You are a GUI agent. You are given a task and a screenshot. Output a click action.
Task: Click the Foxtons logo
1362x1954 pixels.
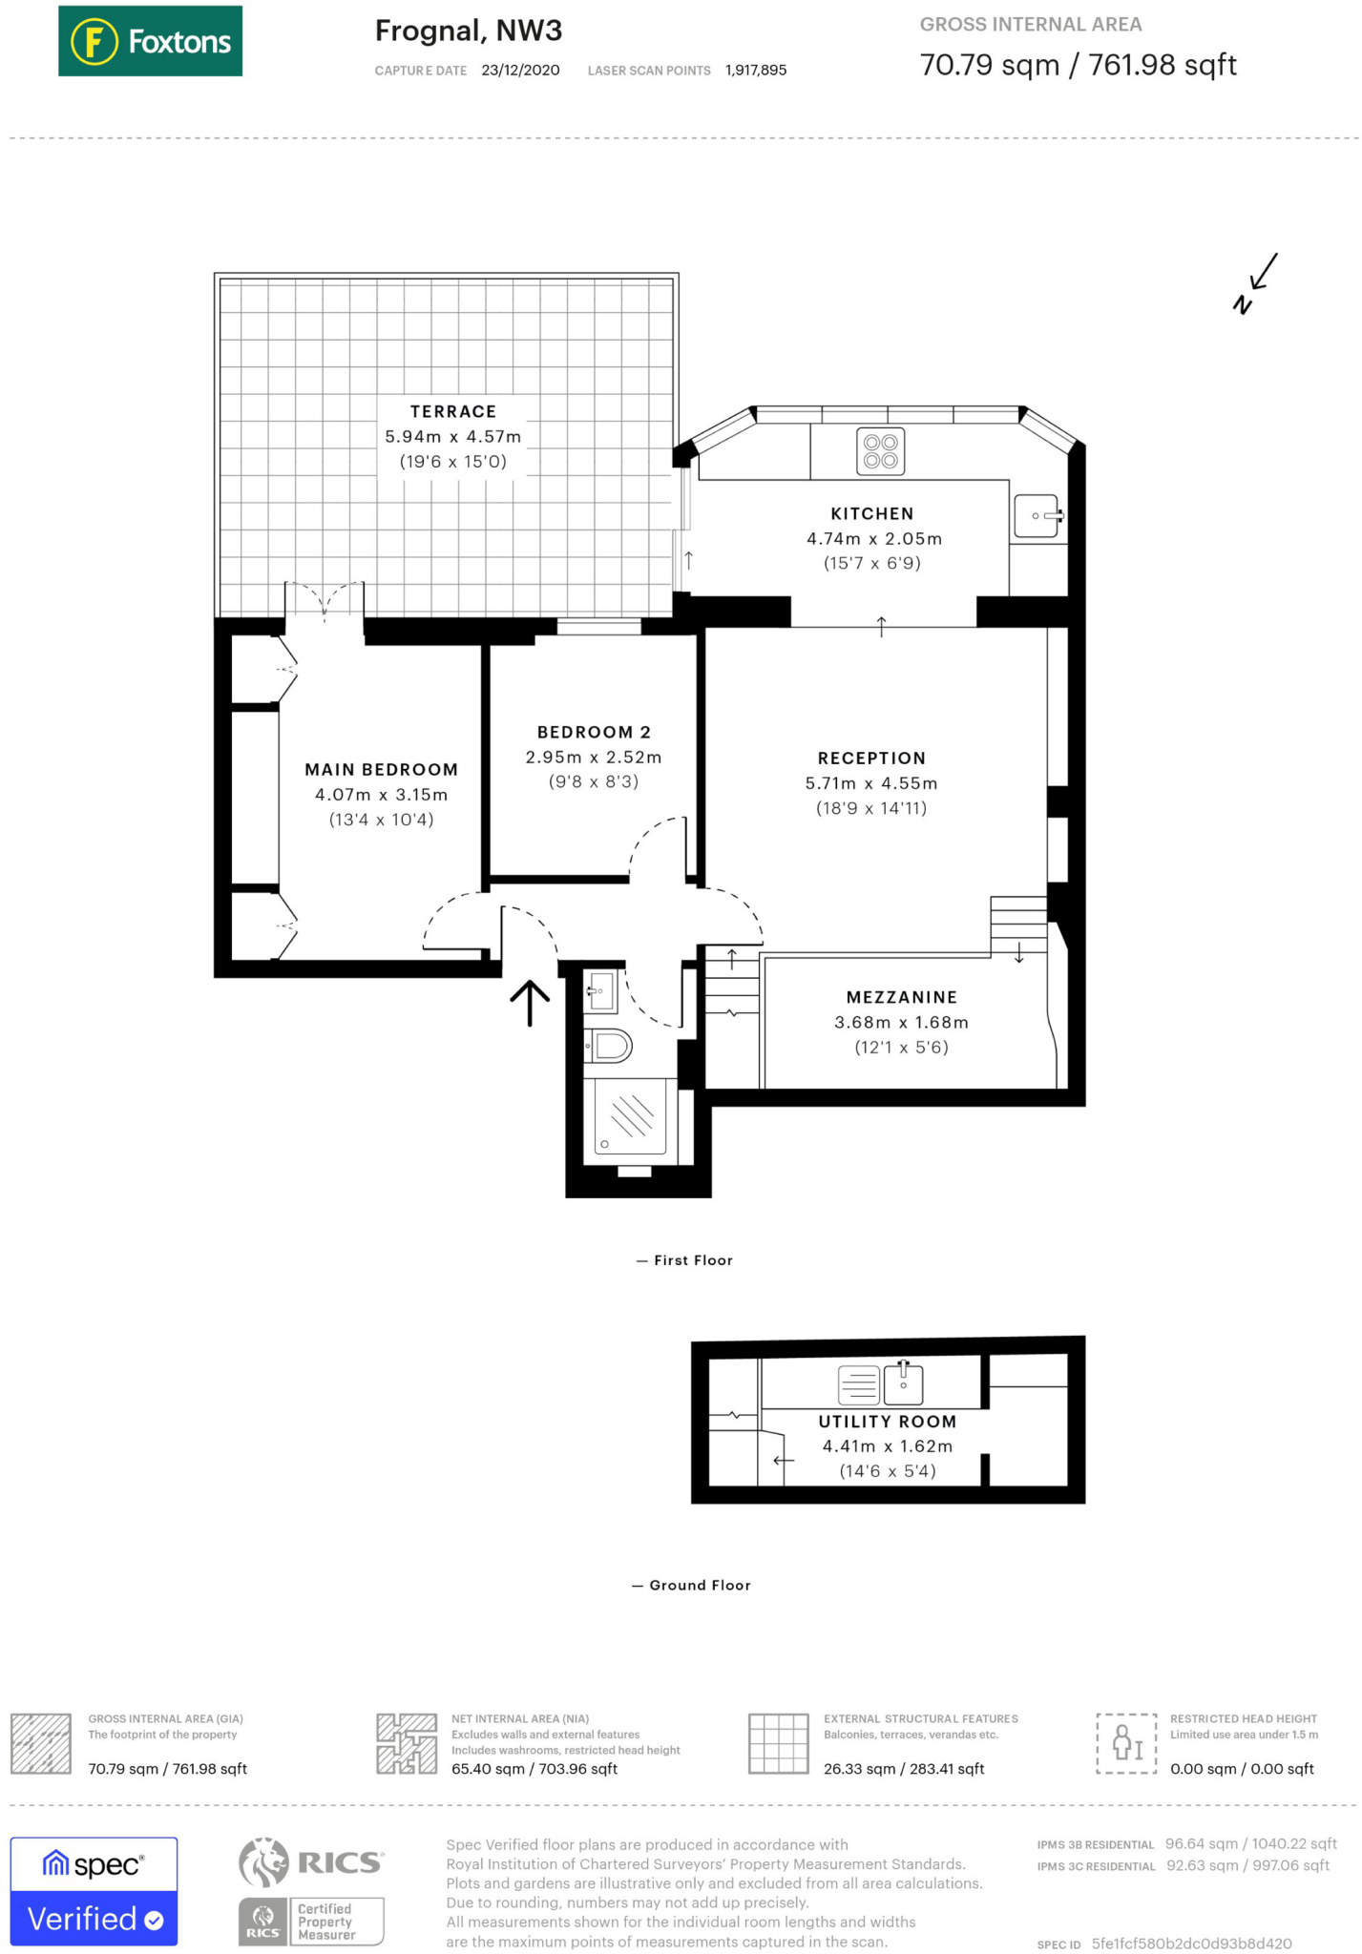click(150, 41)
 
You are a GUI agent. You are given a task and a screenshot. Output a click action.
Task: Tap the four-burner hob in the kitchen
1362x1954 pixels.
click(880, 452)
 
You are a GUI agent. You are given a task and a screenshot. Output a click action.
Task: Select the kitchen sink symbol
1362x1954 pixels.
click(1037, 516)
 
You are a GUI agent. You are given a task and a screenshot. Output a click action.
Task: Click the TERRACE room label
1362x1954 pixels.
click(452, 411)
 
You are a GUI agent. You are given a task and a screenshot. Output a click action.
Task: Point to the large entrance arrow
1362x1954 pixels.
click(530, 1003)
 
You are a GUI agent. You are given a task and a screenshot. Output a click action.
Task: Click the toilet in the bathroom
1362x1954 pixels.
click(609, 1046)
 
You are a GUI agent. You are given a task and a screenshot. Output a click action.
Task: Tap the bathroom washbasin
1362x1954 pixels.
click(601, 991)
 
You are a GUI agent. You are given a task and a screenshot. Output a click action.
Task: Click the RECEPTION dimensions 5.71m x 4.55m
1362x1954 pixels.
click(870, 783)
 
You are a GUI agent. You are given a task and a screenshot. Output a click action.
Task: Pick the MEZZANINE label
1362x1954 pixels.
click(901, 997)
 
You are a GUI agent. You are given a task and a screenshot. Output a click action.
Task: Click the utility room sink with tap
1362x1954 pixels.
click(903, 1383)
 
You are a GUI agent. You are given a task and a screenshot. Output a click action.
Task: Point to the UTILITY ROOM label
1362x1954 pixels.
click(887, 1422)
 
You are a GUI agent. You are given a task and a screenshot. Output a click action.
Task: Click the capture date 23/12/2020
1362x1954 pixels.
click(520, 71)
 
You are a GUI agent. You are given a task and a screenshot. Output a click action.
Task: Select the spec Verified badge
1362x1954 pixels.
click(94, 1891)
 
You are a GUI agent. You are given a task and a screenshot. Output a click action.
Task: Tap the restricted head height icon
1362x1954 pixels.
click(1126, 1743)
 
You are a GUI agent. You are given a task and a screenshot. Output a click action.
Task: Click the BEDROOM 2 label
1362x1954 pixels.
click(594, 732)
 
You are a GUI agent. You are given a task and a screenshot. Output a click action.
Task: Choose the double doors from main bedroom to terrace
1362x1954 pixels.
click(325, 601)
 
